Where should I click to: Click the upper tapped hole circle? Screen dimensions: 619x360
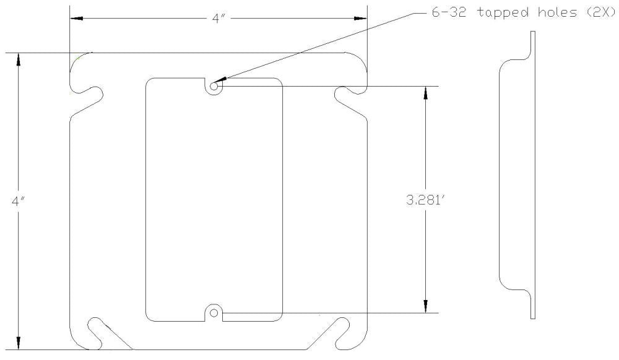pyautogui.click(x=214, y=86)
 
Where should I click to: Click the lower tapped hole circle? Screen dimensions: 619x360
pyautogui.click(x=214, y=313)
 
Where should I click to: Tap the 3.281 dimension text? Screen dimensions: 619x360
pyautogui.click(x=426, y=200)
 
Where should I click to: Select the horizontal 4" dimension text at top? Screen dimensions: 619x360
pyautogui.click(x=217, y=19)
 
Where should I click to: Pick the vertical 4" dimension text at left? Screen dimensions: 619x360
pyautogui.click(x=18, y=201)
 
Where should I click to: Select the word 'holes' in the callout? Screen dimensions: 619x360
pyautogui.click(x=555, y=12)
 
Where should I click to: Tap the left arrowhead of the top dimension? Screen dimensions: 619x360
pyautogui.click(x=76, y=19)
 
